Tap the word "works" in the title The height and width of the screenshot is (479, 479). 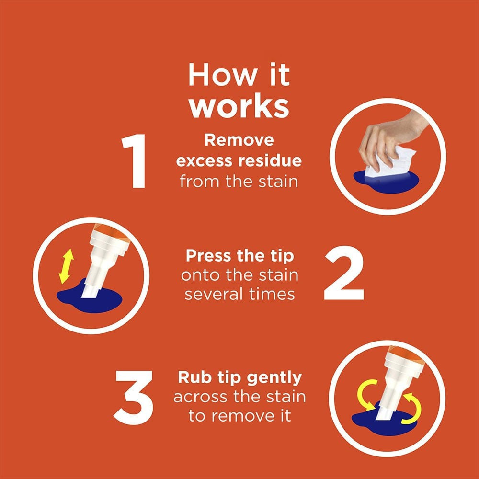239,107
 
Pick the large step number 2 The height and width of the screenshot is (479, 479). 344,273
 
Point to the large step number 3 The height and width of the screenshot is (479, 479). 134,397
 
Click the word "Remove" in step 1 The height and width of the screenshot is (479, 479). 239,140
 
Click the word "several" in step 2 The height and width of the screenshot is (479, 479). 214,295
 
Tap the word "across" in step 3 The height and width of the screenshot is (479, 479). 201,397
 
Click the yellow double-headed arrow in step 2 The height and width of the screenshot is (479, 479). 66,266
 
